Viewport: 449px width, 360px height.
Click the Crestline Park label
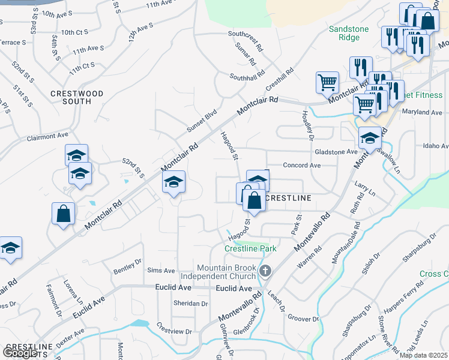(250, 248)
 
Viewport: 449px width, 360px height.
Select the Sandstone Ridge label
(345, 33)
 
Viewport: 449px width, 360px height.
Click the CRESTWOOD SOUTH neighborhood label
(77, 97)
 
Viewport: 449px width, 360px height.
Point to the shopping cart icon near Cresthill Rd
(327, 82)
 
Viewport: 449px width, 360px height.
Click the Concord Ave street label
(302, 165)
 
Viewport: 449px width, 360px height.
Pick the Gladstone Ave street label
(336, 152)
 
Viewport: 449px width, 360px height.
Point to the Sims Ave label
(161, 271)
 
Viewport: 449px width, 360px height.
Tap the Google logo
(20, 353)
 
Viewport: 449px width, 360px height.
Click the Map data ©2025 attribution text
(424, 355)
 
